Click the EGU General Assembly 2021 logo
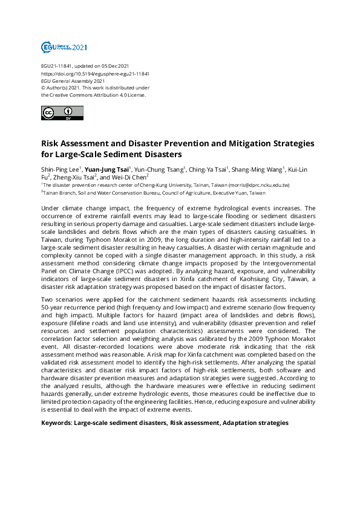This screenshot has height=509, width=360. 64,47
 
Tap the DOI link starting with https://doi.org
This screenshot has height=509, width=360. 95,73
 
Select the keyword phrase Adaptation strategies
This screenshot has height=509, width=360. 255,423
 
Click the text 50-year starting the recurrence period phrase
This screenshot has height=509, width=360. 53,307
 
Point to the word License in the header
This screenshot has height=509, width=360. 136,95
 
